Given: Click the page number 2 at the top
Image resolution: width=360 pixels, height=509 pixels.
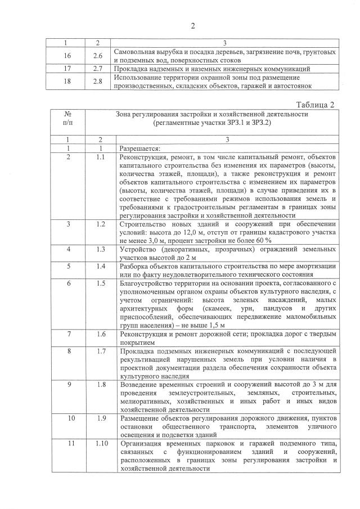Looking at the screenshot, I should [x=192, y=26].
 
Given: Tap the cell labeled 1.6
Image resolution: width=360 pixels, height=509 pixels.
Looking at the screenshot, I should [x=101, y=334].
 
